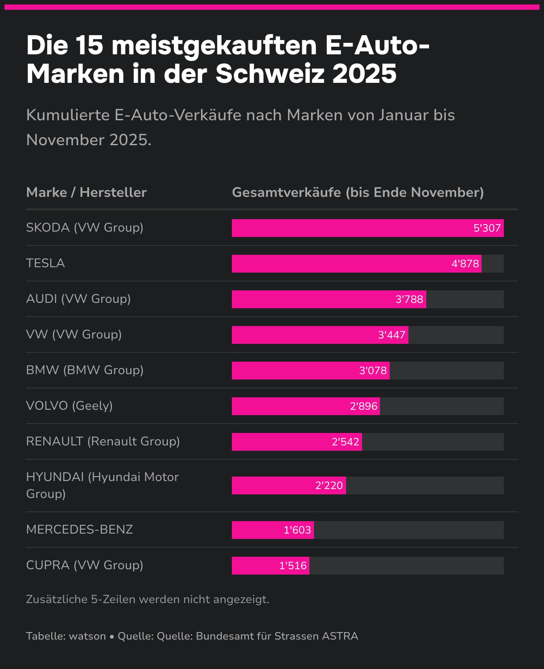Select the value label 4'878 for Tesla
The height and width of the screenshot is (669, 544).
click(x=465, y=264)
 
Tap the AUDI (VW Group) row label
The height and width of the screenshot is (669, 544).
click(x=78, y=299)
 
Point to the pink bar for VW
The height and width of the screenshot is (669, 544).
click(x=303, y=335)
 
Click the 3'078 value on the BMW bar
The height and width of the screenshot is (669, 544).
click(x=373, y=371)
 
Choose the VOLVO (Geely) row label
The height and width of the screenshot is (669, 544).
click(x=70, y=406)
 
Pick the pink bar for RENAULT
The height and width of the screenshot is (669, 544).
click(x=281, y=442)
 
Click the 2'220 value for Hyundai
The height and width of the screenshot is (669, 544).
click(x=329, y=485)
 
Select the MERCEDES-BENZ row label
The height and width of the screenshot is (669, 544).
click(x=80, y=530)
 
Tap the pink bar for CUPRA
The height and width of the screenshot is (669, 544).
click(x=254, y=566)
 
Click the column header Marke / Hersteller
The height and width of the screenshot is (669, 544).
click(x=87, y=192)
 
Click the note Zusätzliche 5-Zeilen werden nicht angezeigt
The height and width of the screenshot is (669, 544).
click(x=148, y=600)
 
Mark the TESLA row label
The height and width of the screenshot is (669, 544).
click(x=45, y=263)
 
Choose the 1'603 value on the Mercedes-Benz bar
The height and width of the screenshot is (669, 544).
click(x=297, y=530)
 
